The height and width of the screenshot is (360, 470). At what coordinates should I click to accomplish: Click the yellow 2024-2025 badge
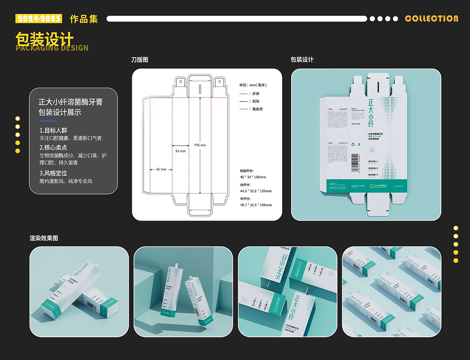coord(39,19)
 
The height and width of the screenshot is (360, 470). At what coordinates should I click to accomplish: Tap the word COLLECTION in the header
coord(431,19)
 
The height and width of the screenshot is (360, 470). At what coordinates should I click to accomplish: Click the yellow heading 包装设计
coord(44,39)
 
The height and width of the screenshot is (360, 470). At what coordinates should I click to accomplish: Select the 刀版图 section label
coord(140,60)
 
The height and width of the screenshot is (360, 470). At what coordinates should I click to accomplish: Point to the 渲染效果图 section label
coord(44,238)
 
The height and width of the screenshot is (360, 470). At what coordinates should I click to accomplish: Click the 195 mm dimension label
coord(200,145)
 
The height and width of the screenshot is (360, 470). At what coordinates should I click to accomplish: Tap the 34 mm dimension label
coord(180,151)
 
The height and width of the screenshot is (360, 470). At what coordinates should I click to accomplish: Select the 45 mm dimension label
coord(161,170)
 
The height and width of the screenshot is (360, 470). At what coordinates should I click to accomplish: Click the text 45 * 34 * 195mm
coord(253,177)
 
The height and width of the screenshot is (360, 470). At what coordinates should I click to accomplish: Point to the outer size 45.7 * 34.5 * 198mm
coord(256,205)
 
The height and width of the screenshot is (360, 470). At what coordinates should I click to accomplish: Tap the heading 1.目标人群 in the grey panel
coord(53,130)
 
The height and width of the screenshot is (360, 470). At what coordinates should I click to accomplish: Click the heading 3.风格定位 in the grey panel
coord(53,173)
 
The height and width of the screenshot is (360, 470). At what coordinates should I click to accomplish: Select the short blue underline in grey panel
coord(47,121)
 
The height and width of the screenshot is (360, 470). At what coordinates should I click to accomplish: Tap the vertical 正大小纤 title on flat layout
coord(371,113)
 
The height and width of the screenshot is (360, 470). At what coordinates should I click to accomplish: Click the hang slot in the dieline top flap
coord(200,89)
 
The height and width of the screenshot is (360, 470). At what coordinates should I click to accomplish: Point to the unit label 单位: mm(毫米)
coord(253,85)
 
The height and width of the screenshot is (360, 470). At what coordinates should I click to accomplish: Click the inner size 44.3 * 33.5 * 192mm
coord(256,191)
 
